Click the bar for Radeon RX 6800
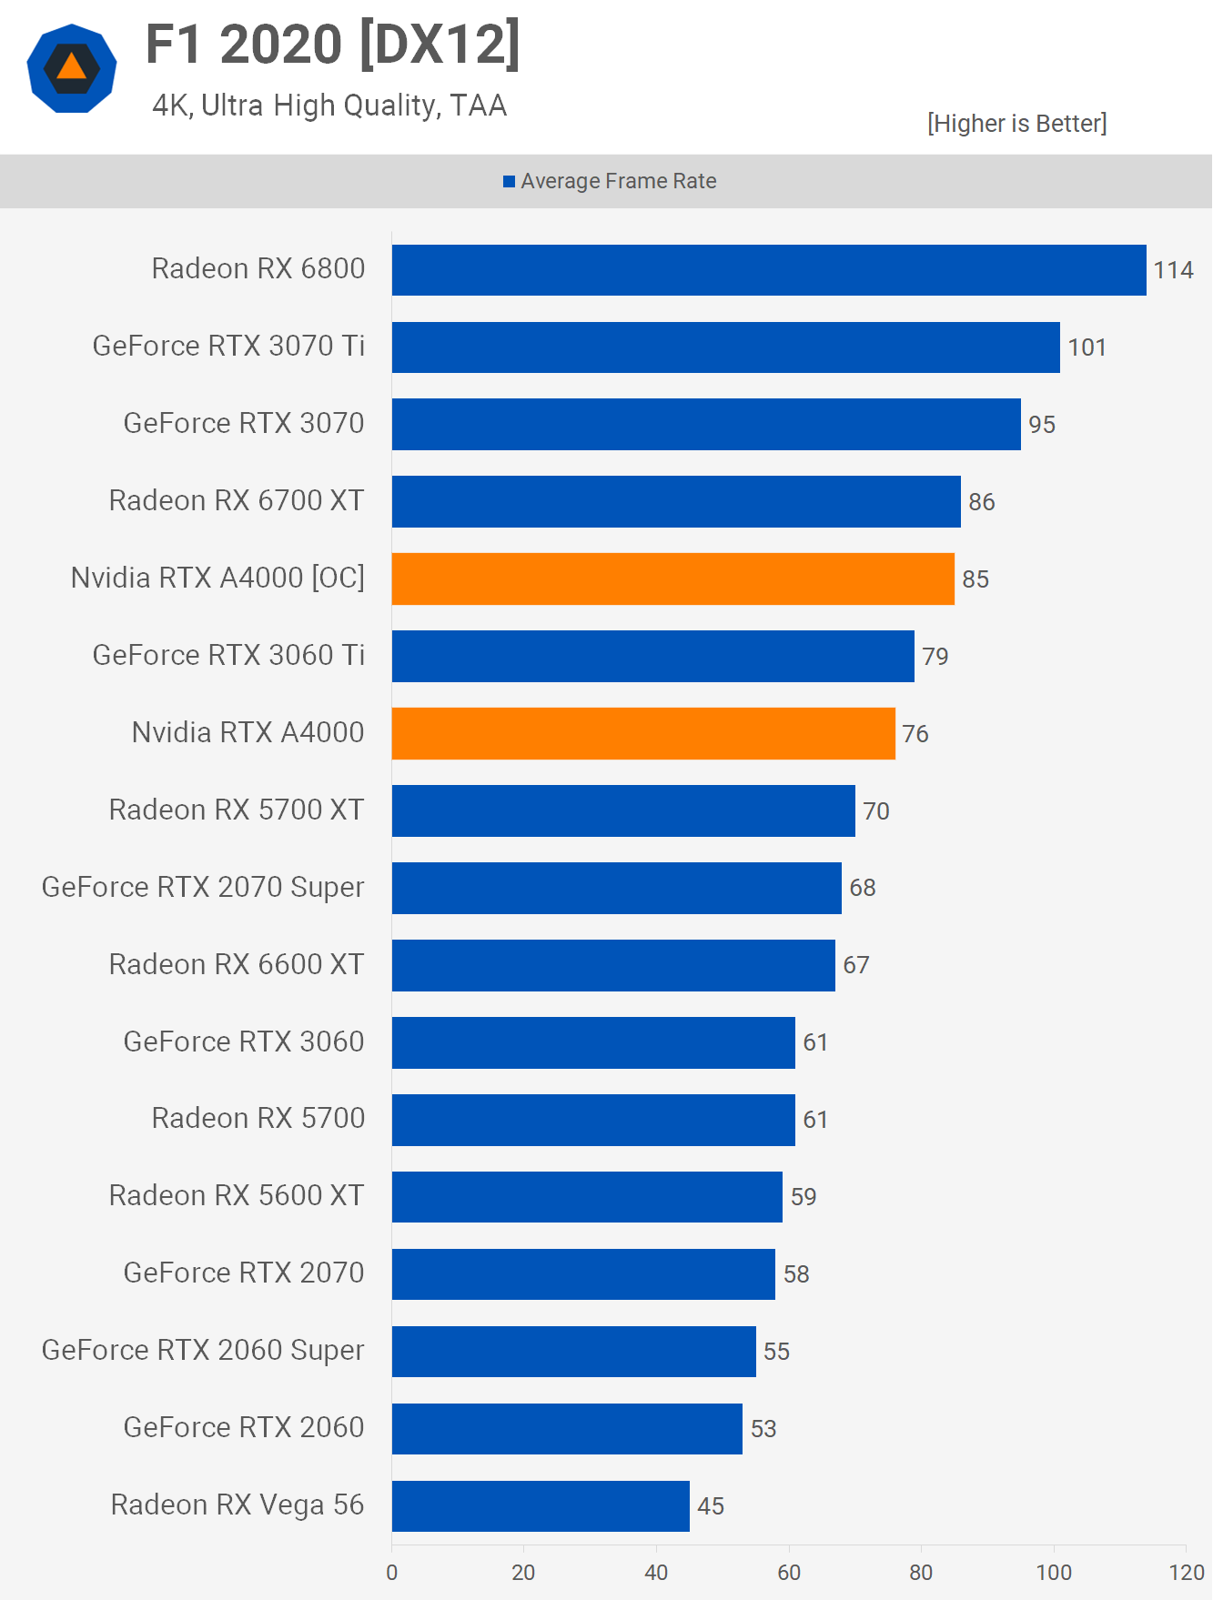click(769, 270)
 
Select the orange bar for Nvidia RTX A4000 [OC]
click(673, 579)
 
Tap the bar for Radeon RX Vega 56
click(541, 1506)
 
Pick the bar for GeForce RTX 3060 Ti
click(652, 656)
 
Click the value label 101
click(1087, 347)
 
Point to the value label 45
click(711, 1506)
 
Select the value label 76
click(915, 734)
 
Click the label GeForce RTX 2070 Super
click(203, 887)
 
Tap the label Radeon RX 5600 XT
click(237, 1195)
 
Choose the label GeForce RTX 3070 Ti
click(228, 346)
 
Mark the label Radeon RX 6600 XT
click(237, 964)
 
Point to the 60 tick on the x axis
click(789, 1572)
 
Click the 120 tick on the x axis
click(1187, 1572)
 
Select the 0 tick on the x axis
click(392, 1572)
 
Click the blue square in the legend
click(510, 182)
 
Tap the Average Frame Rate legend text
click(619, 181)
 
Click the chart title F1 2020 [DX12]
click(333, 45)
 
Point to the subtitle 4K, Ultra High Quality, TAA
click(329, 106)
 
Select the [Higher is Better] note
click(1016, 124)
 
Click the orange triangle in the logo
click(72, 68)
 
